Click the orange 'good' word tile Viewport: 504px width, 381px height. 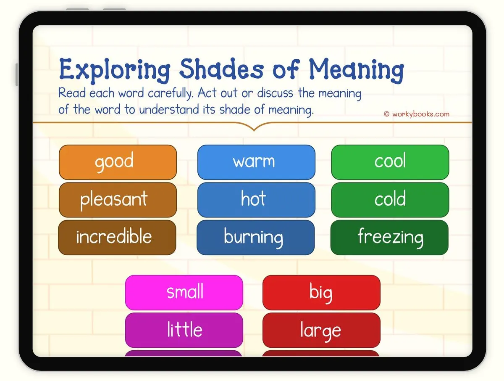[118, 162]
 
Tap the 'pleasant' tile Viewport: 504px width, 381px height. [118, 200]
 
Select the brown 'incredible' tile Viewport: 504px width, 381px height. [117, 237]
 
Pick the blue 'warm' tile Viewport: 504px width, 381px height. [256, 162]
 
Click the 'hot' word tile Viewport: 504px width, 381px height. [256, 200]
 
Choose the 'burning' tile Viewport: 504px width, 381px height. [255, 237]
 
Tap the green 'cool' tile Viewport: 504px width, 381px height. [390, 162]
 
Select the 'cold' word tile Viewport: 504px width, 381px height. [390, 200]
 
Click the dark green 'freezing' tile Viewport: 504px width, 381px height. [389, 237]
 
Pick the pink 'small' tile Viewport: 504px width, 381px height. [184, 292]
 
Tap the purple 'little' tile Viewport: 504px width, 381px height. [184, 330]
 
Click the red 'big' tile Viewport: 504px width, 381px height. [321, 292]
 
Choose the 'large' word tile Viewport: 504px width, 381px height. [321, 330]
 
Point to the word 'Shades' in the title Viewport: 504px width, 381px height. [222, 69]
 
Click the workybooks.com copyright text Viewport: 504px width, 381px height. [417, 114]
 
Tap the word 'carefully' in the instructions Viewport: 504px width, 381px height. [171, 93]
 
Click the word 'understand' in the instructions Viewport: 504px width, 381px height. [169, 109]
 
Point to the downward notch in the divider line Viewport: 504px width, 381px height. [254, 130]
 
